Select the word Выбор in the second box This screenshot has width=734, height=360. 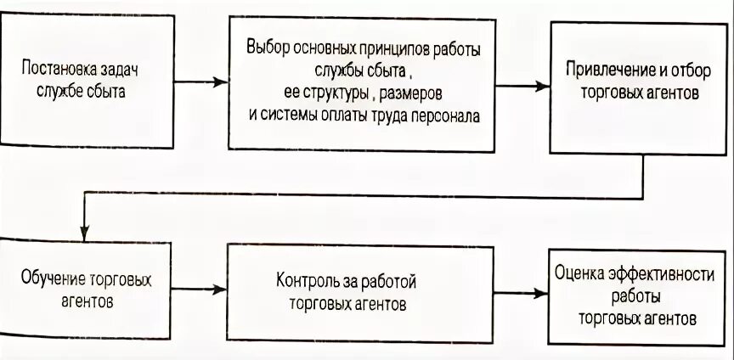(x=265, y=48)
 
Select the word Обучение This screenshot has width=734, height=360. (x=47, y=278)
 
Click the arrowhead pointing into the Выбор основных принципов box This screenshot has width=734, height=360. (x=223, y=82)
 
